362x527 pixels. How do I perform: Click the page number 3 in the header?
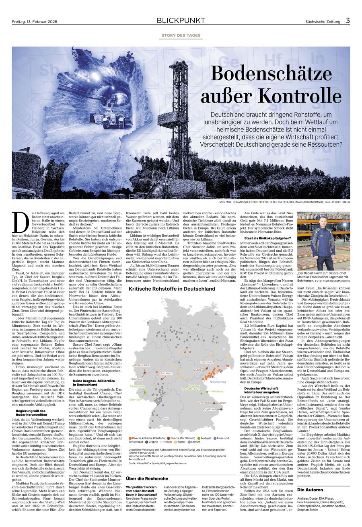pyautogui.click(x=348, y=21)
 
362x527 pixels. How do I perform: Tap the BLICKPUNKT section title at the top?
pyautogui.click(x=181, y=21)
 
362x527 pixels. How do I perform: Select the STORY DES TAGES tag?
pyautogui.click(x=181, y=35)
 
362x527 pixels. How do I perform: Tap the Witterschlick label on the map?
pyautogui.click(x=142, y=365)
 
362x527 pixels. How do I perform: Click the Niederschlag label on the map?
pyautogui.click(x=218, y=382)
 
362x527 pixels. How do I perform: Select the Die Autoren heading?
pyautogui.click(x=310, y=490)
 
